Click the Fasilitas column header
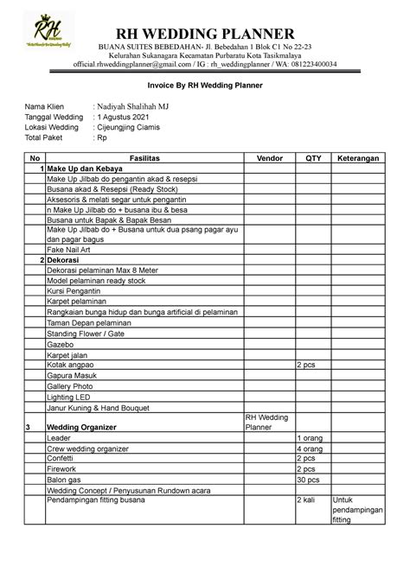(144, 157)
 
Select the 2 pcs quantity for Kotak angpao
(307, 365)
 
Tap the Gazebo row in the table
(62, 343)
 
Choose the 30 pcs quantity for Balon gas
(309, 480)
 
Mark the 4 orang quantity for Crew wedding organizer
(311, 449)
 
